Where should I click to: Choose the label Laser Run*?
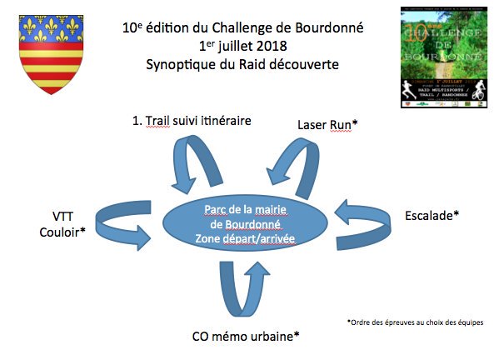click(327, 124)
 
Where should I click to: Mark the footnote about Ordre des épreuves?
click(414, 322)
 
